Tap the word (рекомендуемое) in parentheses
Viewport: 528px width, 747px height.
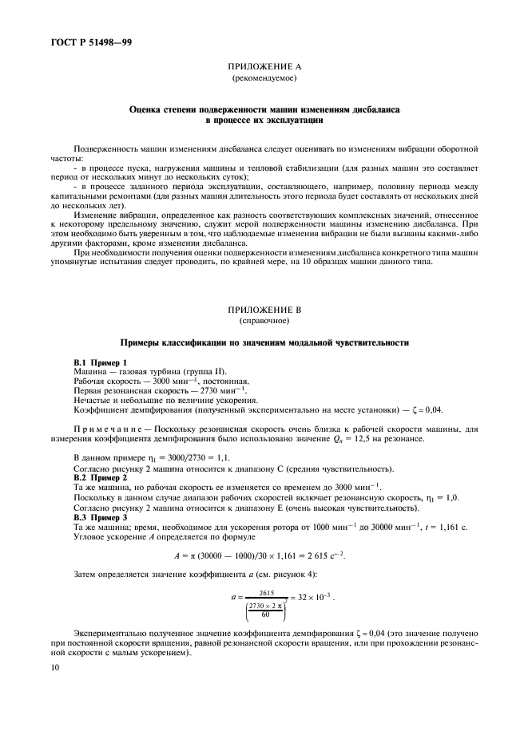pos(263,81)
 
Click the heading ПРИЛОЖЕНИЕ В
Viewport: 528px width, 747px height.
pos(263,310)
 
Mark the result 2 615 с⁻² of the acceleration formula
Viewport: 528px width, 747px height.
pos(334,555)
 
